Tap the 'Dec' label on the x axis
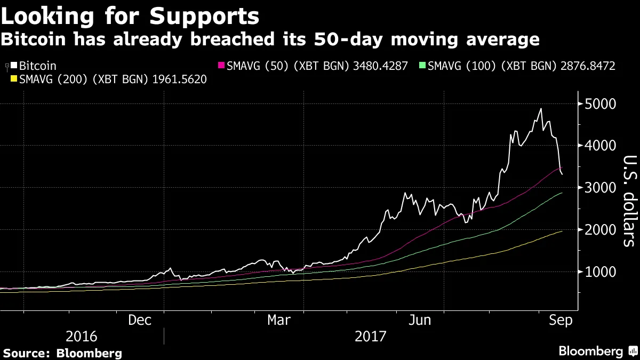tap(140, 320)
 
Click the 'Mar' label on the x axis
tap(279, 320)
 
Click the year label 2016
tap(82, 337)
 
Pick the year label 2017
tap(371, 337)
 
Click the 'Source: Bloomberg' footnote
tap(63, 353)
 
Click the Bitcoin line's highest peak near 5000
tap(541, 109)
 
